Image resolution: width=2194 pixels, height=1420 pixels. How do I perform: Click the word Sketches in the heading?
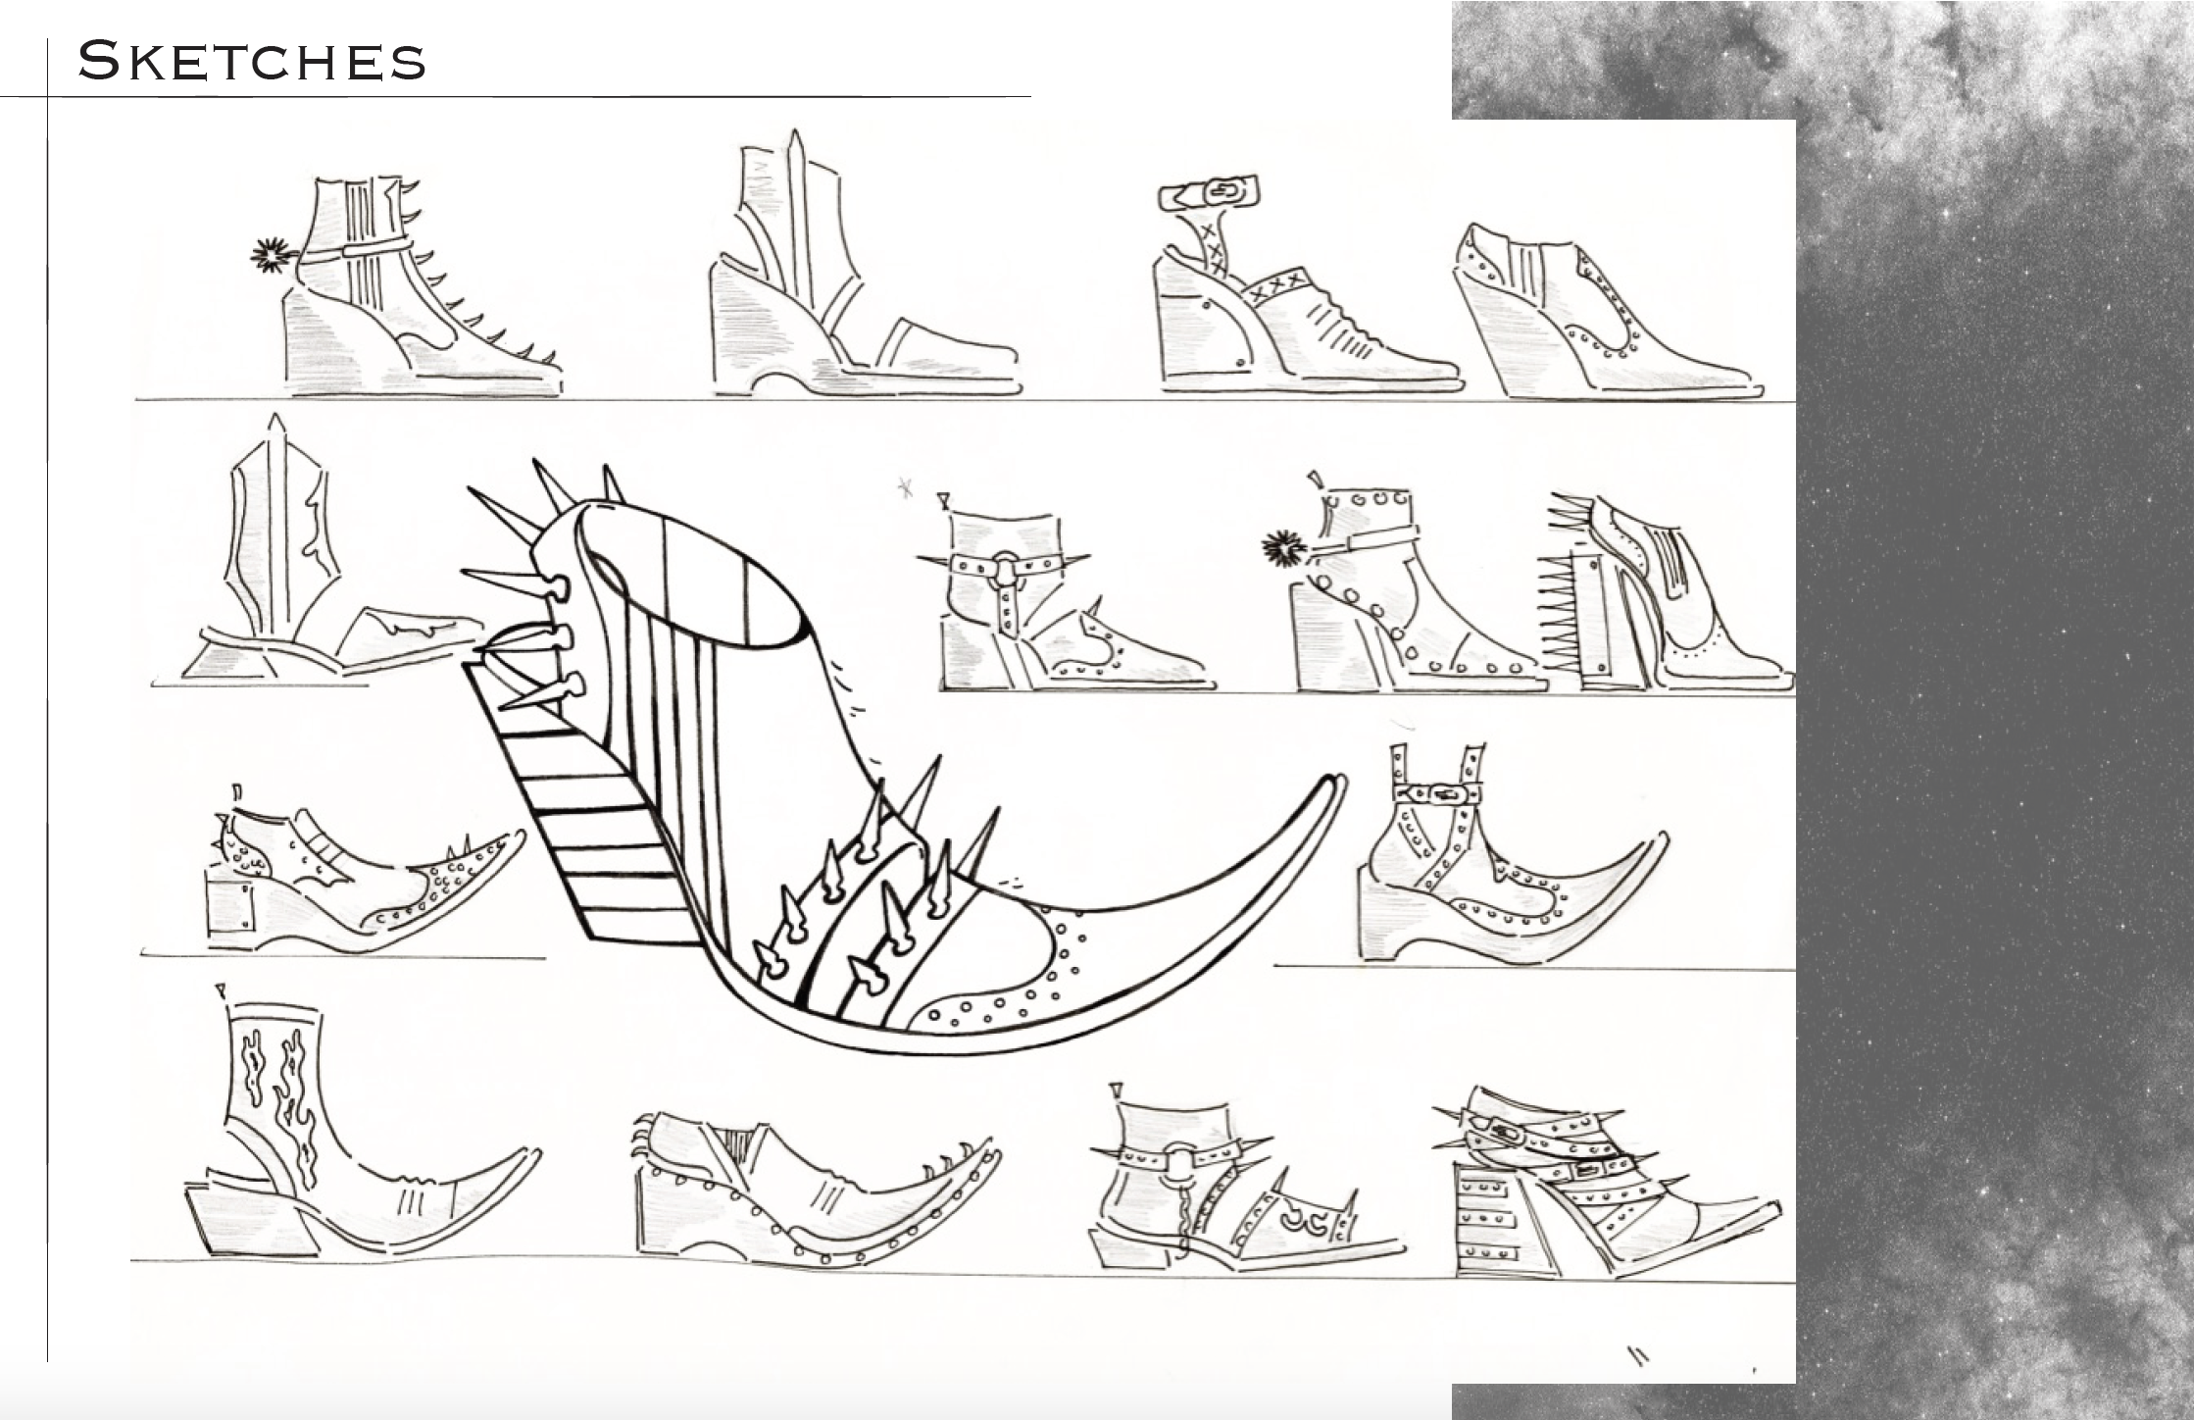[252, 61]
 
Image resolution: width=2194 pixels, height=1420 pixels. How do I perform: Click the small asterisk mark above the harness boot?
[905, 487]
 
